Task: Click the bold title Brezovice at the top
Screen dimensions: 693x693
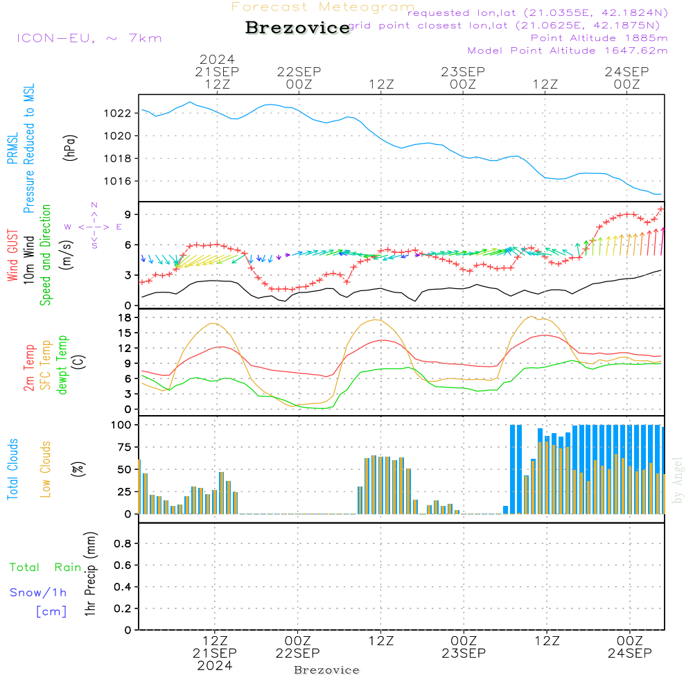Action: point(298,28)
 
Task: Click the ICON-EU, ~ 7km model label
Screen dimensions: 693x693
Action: point(89,38)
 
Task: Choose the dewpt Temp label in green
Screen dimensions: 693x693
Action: point(62,365)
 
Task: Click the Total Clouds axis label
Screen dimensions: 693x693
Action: point(12,469)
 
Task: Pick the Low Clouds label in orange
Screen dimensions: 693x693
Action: point(46,469)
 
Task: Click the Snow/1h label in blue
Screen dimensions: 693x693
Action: point(39,593)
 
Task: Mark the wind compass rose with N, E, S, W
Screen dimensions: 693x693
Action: point(94,226)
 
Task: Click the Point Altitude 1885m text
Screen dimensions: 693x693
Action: point(599,38)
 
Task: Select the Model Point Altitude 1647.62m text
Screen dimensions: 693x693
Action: point(568,51)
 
